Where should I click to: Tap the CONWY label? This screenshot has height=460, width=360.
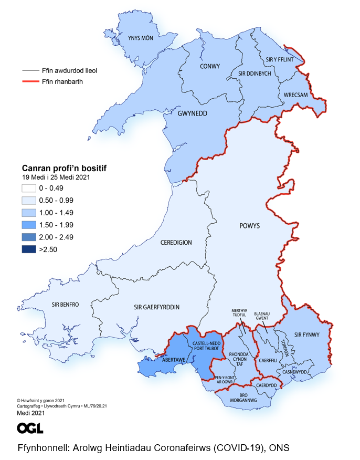[210, 66]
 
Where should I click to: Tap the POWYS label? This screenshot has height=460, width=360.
[249, 226]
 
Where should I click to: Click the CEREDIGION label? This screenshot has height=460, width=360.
[176, 243]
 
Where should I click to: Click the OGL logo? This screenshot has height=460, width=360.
[30, 428]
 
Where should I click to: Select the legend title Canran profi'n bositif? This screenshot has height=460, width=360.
[64, 168]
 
